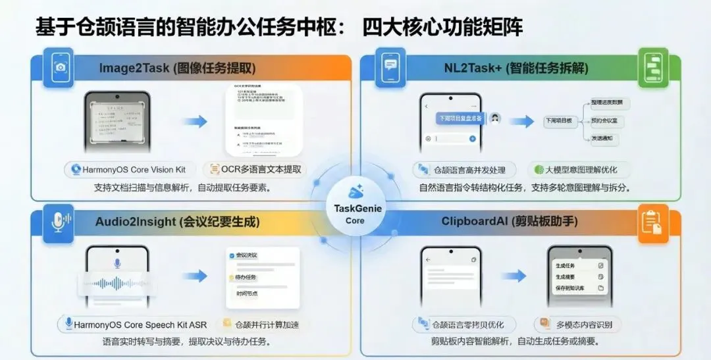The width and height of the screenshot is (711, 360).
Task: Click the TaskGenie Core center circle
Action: click(355, 206)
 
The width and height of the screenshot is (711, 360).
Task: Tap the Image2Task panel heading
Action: click(178, 68)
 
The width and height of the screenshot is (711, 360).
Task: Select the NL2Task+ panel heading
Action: click(516, 68)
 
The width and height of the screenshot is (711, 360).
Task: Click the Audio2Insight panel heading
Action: click(178, 222)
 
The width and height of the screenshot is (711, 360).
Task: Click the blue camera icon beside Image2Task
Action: click(60, 67)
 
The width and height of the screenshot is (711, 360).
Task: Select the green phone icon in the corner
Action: click(652, 67)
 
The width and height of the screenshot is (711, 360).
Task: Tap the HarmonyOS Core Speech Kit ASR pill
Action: click(135, 324)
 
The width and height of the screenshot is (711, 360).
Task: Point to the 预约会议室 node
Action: click(604, 121)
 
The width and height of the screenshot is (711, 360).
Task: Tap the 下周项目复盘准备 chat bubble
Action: click(460, 118)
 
